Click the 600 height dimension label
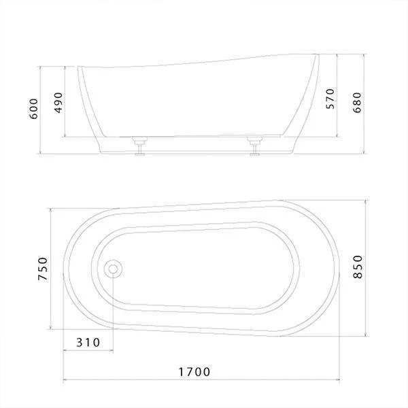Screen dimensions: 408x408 34,109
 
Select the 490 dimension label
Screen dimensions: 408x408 58,103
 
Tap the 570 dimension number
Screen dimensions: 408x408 330,99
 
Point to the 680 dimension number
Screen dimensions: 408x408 357,103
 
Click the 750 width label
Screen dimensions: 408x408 43,269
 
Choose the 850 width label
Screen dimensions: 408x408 358,267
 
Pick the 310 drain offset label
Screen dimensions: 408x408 88,343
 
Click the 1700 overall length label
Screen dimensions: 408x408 194,372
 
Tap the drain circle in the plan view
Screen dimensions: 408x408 113,269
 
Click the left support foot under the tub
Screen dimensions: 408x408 140,146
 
